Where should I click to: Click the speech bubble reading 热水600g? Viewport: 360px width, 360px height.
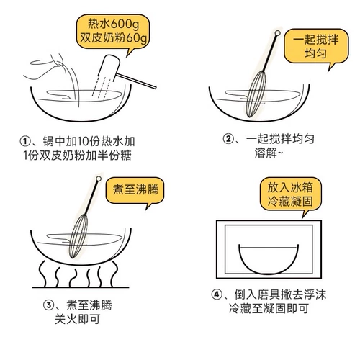pyautogui.click(x=113, y=31)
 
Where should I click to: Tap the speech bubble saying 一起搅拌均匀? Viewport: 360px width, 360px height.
pyautogui.click(x=316, y=46)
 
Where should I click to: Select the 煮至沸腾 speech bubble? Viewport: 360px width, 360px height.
pyautogui.click(x=135, y=190)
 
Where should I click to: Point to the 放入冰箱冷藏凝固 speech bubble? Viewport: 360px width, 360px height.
pyautogui.click(x=290, y=194)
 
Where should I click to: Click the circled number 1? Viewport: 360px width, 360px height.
pyautogui.click(x=25, y=141)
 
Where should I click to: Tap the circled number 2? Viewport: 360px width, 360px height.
pyautogui.click(x=228, y=138)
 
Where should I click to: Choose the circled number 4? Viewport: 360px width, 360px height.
pyautogui.click(x=217, y=294)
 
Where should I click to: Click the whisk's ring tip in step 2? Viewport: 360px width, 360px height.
pyautogui.click(x=277, y=33)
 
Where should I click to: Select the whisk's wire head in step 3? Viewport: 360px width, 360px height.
pyautogui.click(x=78, y=236)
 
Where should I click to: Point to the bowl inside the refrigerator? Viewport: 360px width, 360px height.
pyautogui.click(x=269, y=259)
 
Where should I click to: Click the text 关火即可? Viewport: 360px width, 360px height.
pyautogui.click(x=77, y=319)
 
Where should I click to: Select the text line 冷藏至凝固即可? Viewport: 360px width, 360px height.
pyautogui.click(x=269, y=308)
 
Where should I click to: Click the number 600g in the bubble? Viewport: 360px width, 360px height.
pyautogui.click(x=125, y=24)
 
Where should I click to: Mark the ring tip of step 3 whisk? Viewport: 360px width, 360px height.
pyautogui.click(x=99, y=179)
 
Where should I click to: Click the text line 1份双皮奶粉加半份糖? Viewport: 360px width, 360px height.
pyautogui.click(x=77, y=156)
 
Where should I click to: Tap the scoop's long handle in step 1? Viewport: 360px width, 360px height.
pyautogui.click(x=136, y=81)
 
